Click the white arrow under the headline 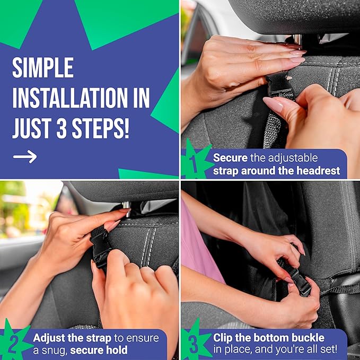[x=25, y=156]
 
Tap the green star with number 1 [x=195, y=161]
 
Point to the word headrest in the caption [x=320, y=171]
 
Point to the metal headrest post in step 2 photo [x=127, y=205]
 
